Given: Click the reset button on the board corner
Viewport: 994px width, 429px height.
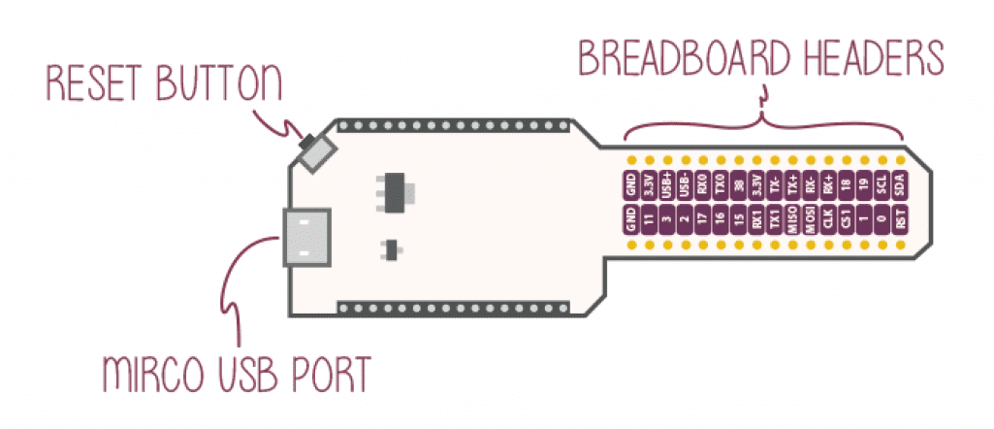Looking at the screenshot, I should pos(316,152).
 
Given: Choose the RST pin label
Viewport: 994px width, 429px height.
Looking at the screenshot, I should pos(901,221).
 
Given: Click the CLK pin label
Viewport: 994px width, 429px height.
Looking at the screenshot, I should pos(829,221).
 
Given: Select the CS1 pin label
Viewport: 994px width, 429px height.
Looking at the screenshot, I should pos(847,221).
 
